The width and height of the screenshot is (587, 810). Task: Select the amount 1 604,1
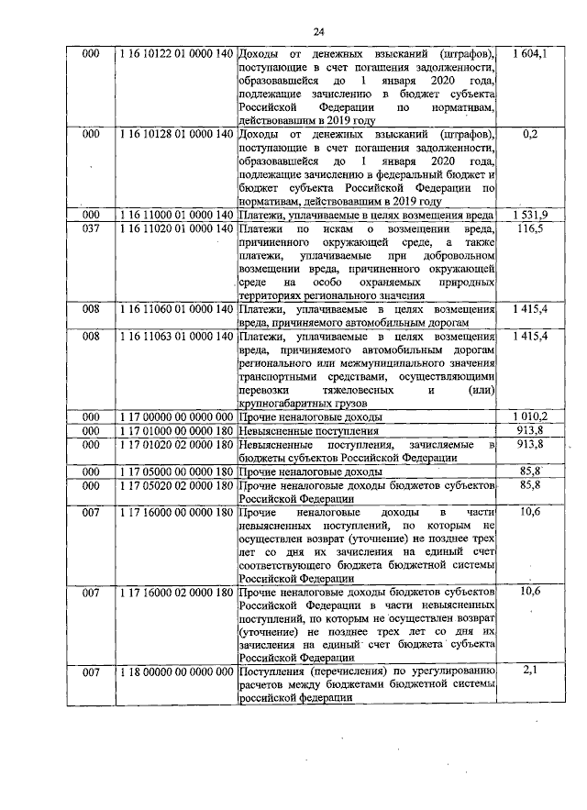click(x=529, y=55)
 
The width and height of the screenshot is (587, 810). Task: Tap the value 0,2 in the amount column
click(x=529, y=134)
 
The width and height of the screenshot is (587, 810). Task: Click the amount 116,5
click(x=529, y=228)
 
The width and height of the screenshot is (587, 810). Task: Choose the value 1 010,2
click(x=529, y=416)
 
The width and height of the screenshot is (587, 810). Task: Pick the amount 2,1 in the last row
click(x=529, y=672)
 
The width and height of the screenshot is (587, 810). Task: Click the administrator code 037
click(x=90, y=228)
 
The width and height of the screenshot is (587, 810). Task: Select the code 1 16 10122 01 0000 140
click(x=172, y=55)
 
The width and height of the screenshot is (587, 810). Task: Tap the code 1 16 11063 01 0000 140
click(x=172, y=337)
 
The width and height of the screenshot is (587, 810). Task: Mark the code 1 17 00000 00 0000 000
click(x=172, y=416)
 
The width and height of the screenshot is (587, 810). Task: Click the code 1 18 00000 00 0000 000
click(x=172, y=672)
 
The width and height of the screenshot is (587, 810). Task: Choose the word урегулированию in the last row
click(x=450, y=672)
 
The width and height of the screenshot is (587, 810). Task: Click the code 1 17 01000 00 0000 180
click(x=172, y=430)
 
